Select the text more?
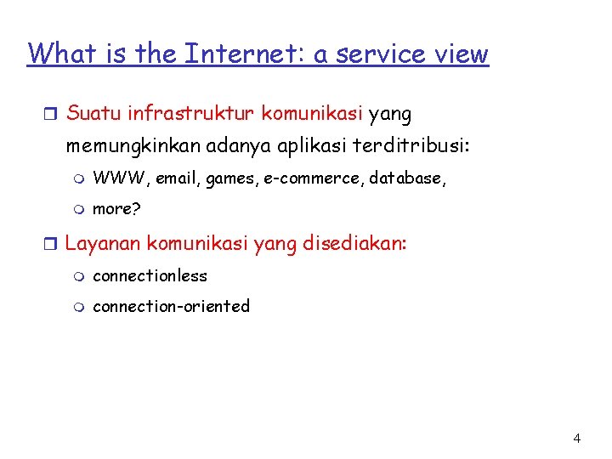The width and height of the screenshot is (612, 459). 115,208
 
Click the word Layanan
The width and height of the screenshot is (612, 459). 103,244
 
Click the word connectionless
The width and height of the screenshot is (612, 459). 150,275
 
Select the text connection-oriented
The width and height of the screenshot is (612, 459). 171,306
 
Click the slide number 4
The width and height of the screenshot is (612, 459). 577,439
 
